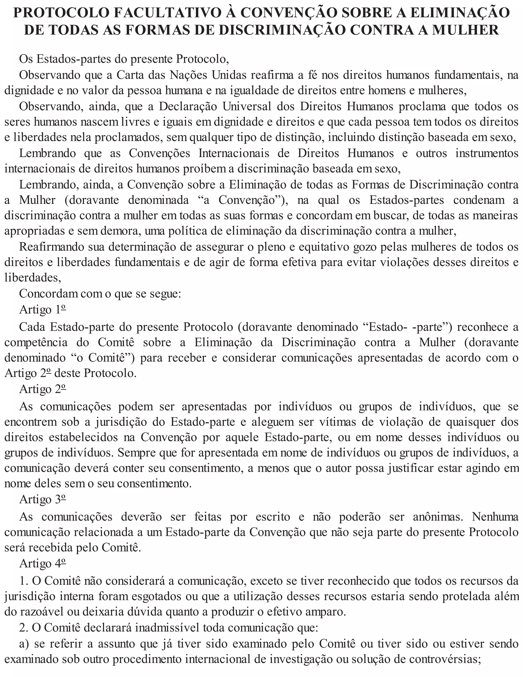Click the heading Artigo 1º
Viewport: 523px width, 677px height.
(x=43, y=309)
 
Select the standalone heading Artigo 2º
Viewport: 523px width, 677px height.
(x=43, y=389)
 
